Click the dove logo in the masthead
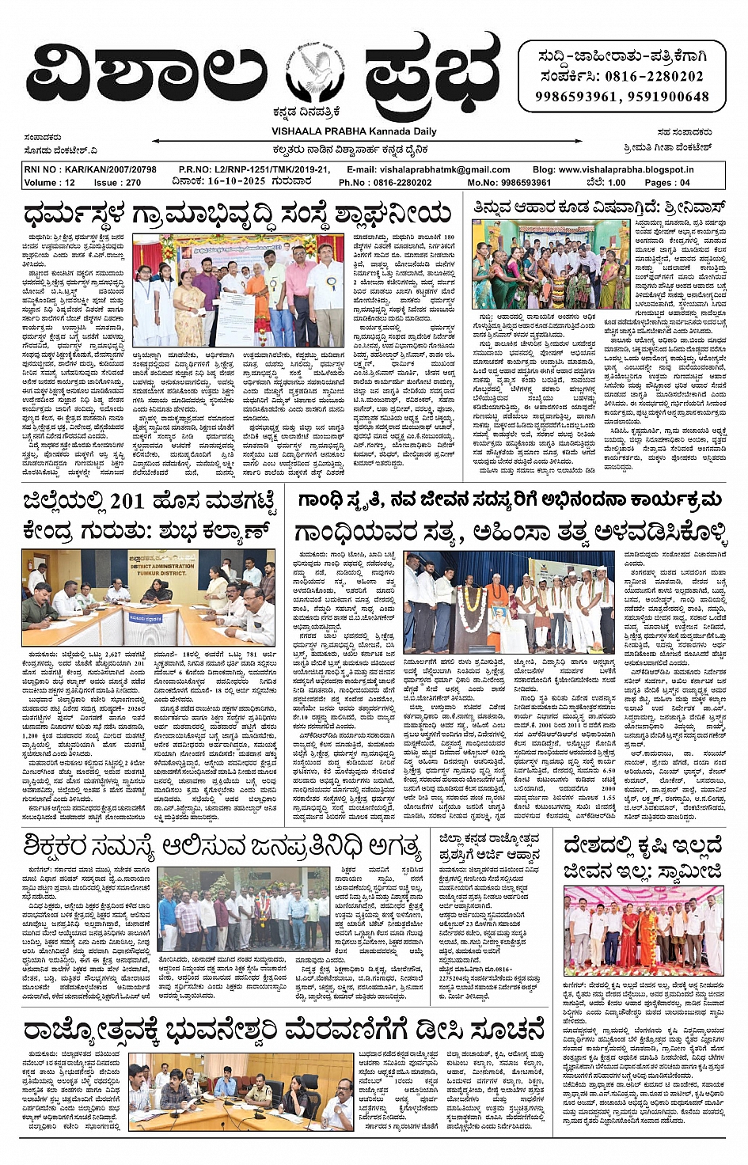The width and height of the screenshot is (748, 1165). coord(316,76)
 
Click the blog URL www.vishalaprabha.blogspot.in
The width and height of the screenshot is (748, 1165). coord(625,170)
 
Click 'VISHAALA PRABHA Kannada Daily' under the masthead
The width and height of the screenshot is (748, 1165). coord(354,131)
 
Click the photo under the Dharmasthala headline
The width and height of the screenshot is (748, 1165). coord(238,290)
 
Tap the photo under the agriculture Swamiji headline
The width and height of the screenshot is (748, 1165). coord(644,931)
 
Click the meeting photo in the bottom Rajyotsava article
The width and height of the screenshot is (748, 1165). coord(241,1092)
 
